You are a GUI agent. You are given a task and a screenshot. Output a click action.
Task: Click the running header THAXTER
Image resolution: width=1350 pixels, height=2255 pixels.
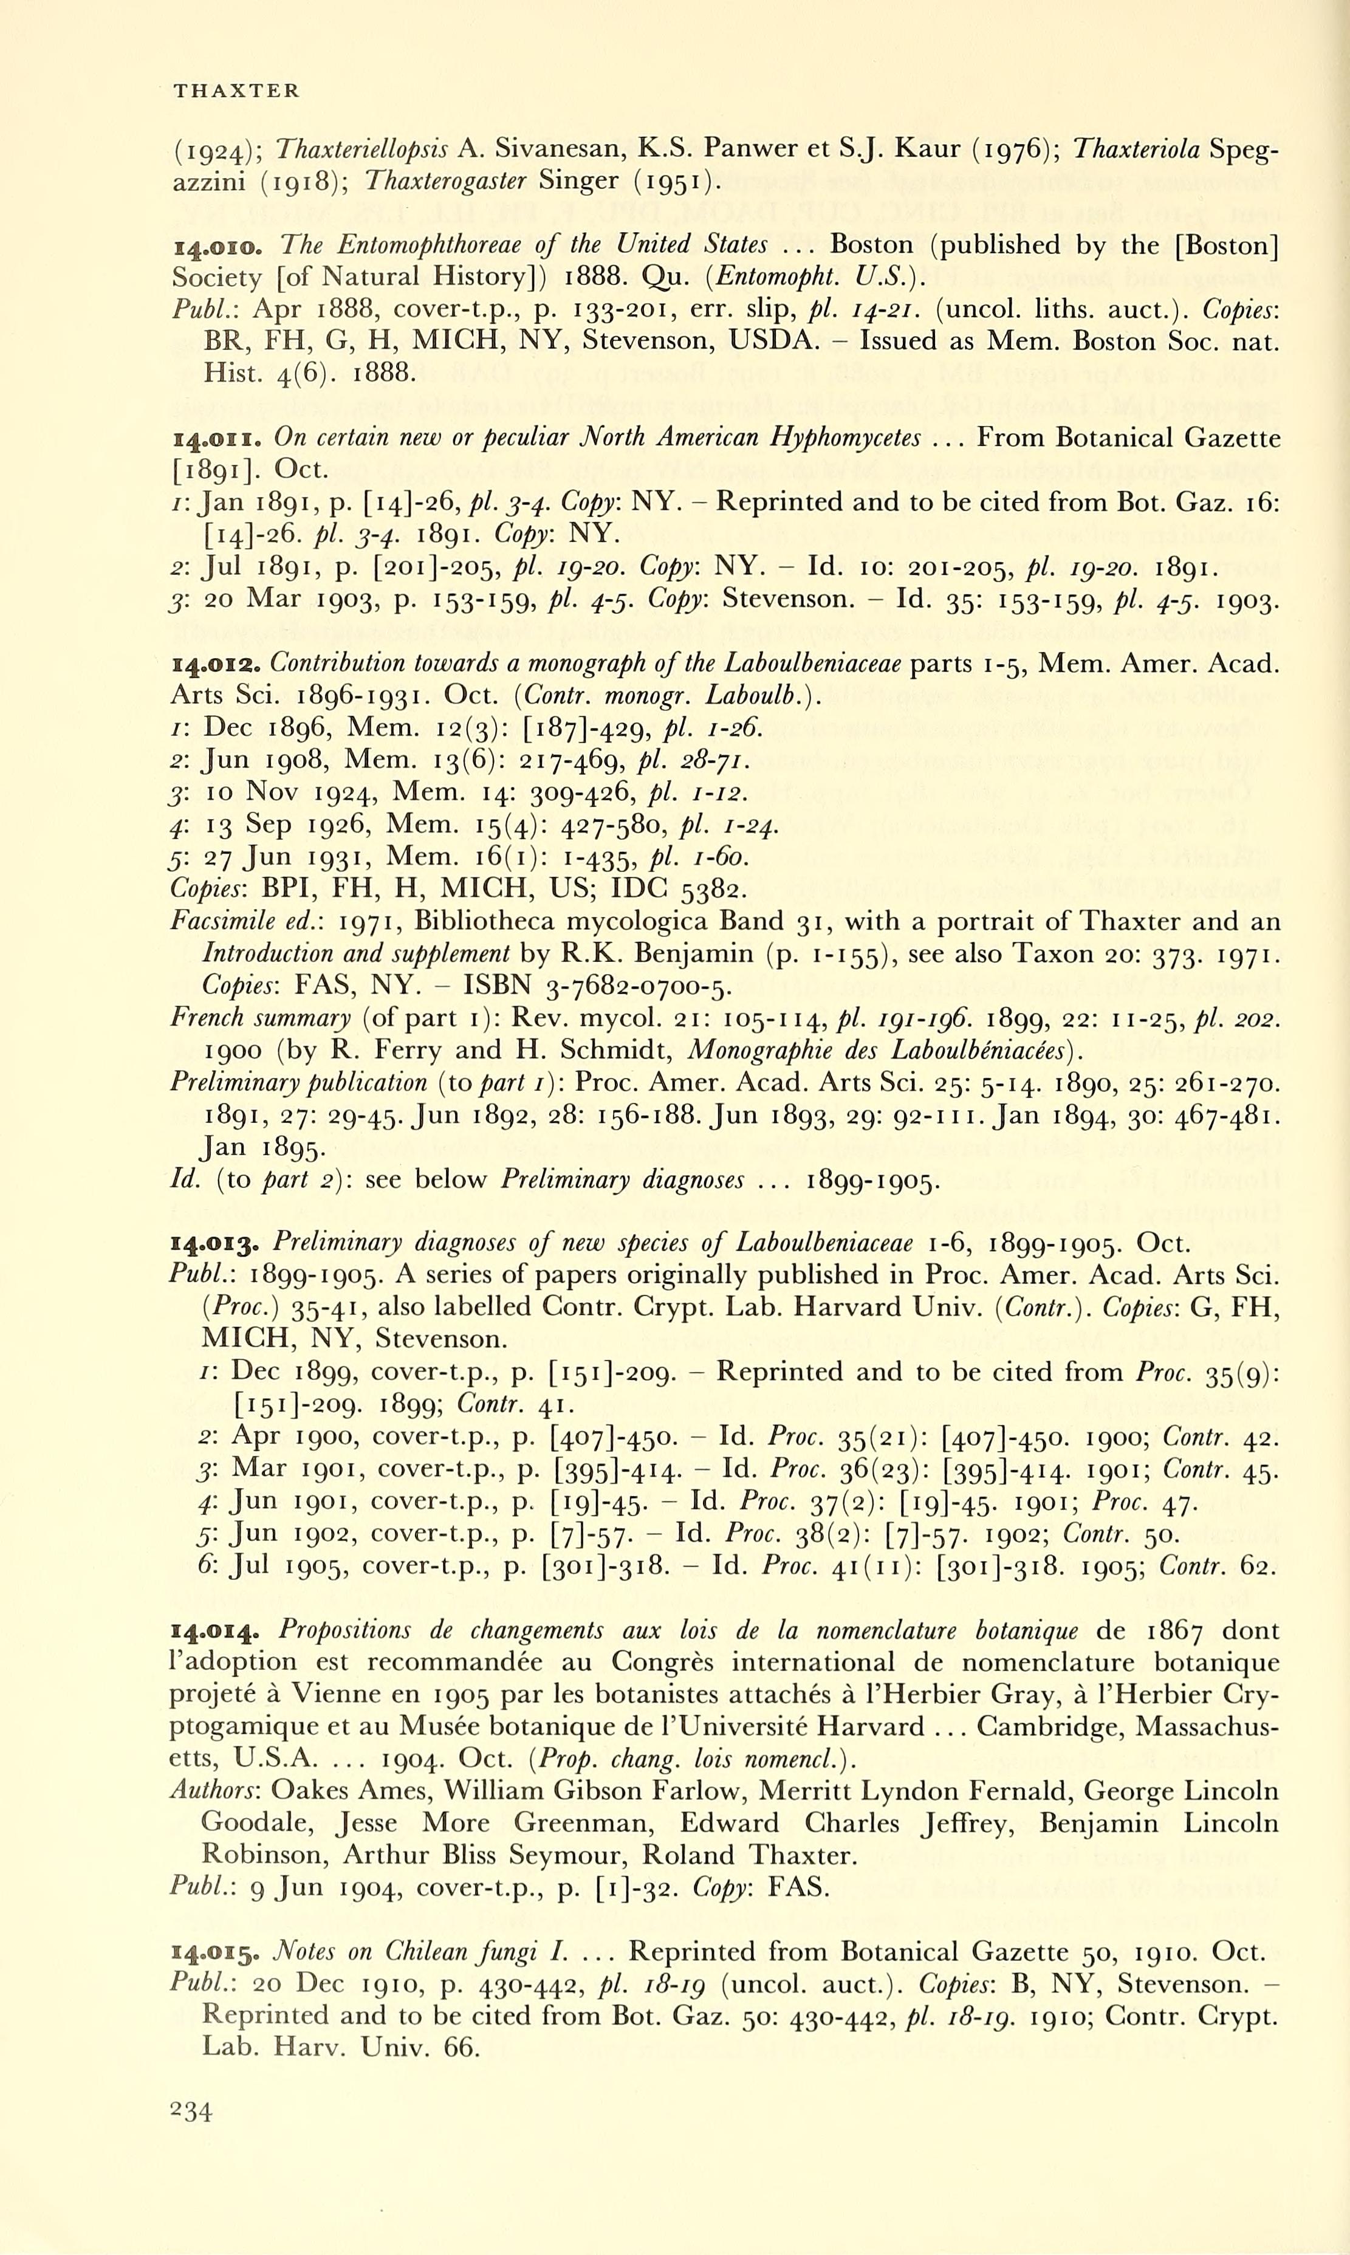[x=236, y=90]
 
